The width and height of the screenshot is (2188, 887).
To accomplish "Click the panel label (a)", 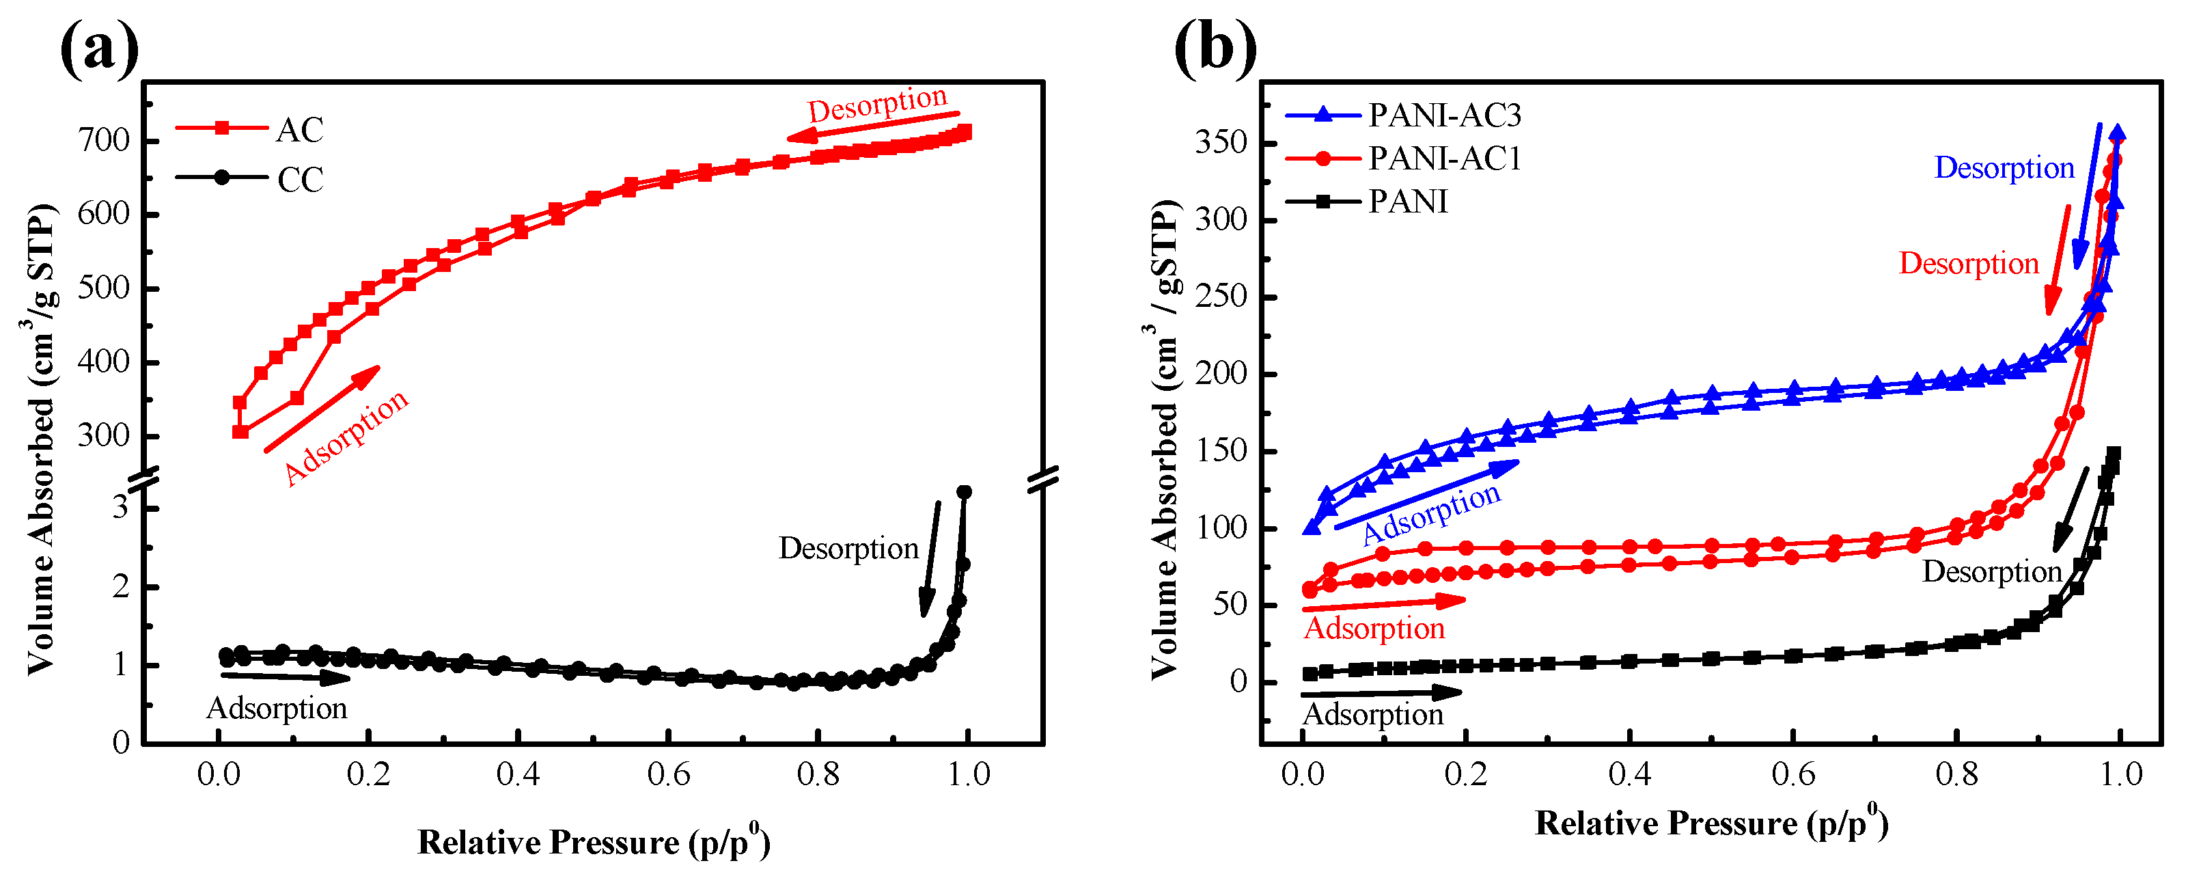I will (x=99, y=49).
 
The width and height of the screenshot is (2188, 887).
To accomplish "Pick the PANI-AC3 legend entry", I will (x=1444, y=115).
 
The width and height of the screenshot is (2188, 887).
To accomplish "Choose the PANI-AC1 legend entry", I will (x=1444, y=158).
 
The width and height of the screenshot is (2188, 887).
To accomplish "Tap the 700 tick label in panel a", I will (x=104, y=140).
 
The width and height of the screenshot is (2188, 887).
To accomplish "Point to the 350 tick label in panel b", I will (x=1221, y=142).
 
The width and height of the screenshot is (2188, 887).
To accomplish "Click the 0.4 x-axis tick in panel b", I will (x=1629, y=774).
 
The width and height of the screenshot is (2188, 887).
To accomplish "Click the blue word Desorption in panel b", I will (x=2004, y=167).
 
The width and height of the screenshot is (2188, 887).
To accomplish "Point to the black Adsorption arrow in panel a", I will (x=285, y=677).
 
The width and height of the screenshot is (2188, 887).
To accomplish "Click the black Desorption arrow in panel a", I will (x=930, y=558).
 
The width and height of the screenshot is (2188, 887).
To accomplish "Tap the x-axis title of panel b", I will (x=1711, y=823).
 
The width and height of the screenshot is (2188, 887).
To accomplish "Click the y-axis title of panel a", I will (x=41, y=439).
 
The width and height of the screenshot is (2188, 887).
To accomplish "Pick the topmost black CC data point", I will (x=964, y=492).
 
